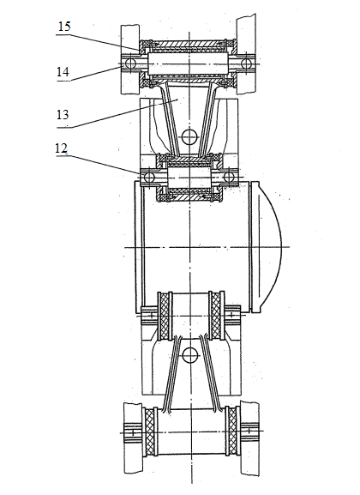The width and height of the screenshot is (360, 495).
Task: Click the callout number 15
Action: point(64,27)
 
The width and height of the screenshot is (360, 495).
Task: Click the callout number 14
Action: point(63,72)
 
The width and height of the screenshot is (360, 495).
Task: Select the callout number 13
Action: point(63,114)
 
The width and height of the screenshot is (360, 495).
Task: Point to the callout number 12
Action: point(61,148)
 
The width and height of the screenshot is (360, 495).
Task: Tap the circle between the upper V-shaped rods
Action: point(190,136)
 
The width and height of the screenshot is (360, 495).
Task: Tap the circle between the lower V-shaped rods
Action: point(190,355)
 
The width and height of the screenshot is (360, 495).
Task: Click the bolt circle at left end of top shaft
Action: point(129,64)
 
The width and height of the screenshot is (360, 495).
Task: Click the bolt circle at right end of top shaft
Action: point(246,64)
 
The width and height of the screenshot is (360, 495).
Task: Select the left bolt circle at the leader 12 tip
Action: point(148,178)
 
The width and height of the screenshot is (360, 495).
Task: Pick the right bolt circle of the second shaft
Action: point(229,177)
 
